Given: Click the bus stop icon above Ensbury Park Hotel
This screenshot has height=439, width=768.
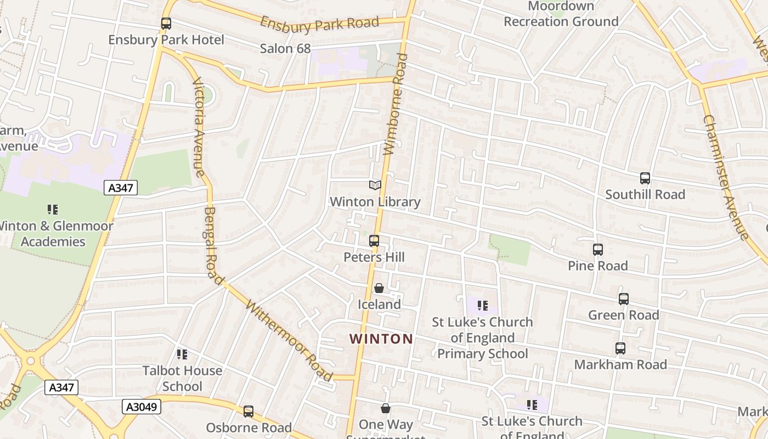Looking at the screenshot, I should point(166,24).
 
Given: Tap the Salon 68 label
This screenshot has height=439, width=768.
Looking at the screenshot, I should point(285,48).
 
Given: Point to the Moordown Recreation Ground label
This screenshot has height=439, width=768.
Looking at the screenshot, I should point(561,14).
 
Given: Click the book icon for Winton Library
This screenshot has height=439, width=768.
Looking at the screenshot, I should point(375,185).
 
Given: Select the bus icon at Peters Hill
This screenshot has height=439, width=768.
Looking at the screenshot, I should point(374,241).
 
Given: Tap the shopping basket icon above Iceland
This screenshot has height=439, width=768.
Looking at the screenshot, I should point(379,288).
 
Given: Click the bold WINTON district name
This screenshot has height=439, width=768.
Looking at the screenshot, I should point(381,339).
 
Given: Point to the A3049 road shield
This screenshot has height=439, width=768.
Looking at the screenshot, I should point(141,407).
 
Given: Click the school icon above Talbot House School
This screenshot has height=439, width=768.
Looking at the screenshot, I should point(182,354).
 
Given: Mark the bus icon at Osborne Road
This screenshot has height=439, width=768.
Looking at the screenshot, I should point(249,412).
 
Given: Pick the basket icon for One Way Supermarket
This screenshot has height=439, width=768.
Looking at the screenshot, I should point(386,408).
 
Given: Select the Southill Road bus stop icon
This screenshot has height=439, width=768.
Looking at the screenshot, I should point(645,178).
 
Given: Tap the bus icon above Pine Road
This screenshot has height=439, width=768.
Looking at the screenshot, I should point(598,250).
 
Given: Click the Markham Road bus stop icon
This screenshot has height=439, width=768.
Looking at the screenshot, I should point(620,348).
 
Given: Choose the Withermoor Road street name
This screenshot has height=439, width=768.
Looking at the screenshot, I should point(289,340).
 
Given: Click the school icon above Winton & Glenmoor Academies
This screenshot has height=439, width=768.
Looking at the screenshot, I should point(53,209).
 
